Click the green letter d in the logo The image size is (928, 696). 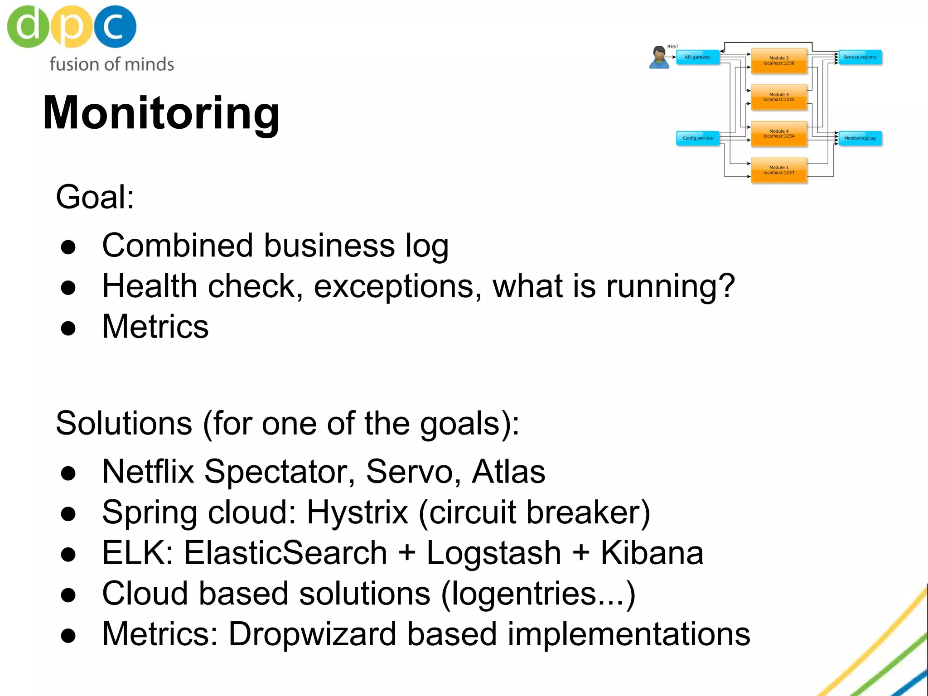pyautogui.click(x=27, y=26)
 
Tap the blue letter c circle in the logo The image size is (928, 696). pyautogui.click(x=114, y=26)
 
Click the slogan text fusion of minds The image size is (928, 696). pyautogui.click(x=111, y=64)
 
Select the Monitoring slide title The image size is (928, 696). pyautogui.click(x=161, y=113)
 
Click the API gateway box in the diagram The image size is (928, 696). pyautogui.click(x=697, y=58)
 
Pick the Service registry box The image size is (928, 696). pyautogui.click(x=860, y=58)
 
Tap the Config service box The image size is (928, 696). pyautogui.click(x=697, y=138)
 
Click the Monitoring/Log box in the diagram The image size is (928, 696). pyautogui.click(x=860, y=138)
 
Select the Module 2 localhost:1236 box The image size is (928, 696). pyautogui.click(x=778, y=61)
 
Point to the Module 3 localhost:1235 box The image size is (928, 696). pyautogui.click(x=778, y=97)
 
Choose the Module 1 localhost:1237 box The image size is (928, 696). pyautogui.click(x=778, y=170)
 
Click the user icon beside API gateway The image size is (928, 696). pyautogui.click(x=659, y=58)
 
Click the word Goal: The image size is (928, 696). pyautogui.click(x=95, y=197)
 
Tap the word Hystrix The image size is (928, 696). pyautogui.click(x=357, y=512)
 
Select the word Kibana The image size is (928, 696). pyautogui.click(x=652, y=553)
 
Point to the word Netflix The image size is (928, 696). pyautogui.click(x=148, y=472)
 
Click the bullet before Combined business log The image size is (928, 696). pyautogui.click(x=68, y=247)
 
